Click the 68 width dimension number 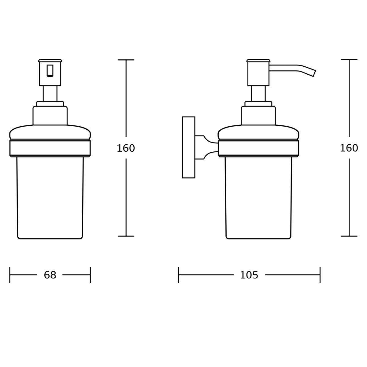[50, 275]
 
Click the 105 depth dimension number [249, 275]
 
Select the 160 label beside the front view [126, 148]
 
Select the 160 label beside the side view [349, 148]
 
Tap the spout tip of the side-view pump [313, 73]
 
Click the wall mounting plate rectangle [188, 147]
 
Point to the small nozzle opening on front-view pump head [50, 71]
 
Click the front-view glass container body [50, 197]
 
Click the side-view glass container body [258, 197]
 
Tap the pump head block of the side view [258, 73]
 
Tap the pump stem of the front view [50, 93]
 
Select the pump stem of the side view [258, 93]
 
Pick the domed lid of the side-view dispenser [258, 132]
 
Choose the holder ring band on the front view [50, 148]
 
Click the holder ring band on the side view [258, 148]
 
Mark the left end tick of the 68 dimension [10, 275]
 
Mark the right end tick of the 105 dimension [320, 275]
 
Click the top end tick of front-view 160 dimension [126, 60]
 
